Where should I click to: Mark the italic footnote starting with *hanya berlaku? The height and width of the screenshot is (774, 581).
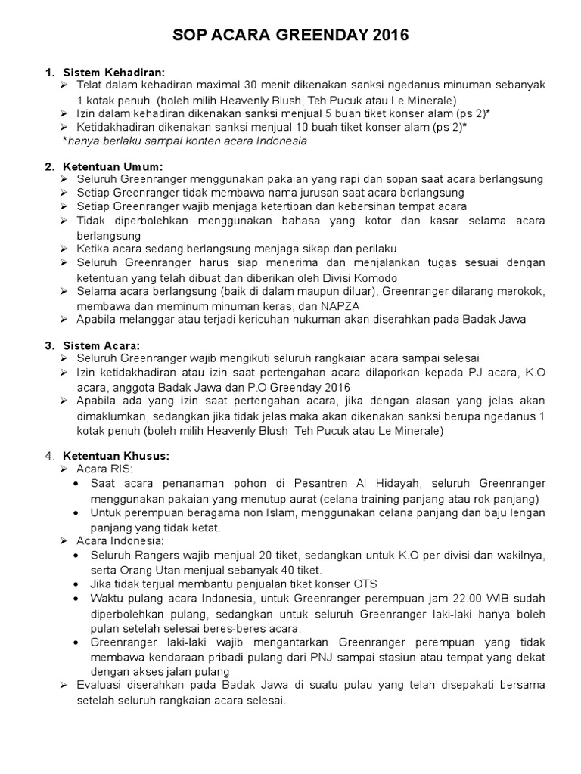[x=185, y=141]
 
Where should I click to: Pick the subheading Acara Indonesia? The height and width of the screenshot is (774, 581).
[x=125, y=540]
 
